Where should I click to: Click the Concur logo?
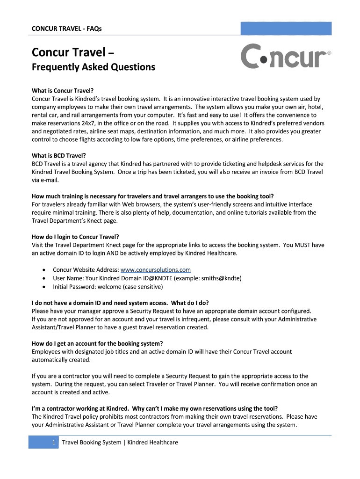coord(285,57)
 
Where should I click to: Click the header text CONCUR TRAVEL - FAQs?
coord(66,29)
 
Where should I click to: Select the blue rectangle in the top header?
coord(286,28)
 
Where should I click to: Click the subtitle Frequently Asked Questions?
coord(93,67)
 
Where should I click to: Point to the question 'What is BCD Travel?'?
coord(59,155)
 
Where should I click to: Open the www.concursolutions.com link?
coord(156,270)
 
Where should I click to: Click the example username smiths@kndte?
coord(221,278)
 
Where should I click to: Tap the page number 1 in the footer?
coord(54,442)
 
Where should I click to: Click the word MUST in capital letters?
coord(295,245)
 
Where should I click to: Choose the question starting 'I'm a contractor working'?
coord(158,408)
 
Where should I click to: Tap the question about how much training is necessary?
coord(152,196)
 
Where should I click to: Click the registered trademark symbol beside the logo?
coord(329,53)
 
